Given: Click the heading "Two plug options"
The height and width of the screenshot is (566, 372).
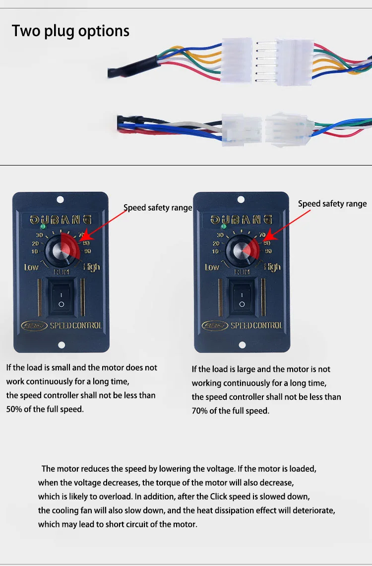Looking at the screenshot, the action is click(70, 31).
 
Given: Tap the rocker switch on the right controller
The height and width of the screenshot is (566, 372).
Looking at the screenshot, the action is click(242, 298).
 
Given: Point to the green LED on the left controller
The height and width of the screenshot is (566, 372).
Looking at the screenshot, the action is click(43, 226).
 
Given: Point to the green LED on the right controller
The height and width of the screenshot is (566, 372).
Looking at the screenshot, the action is click(223, 226).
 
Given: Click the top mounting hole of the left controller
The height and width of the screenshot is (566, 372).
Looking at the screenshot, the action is click(60, 200).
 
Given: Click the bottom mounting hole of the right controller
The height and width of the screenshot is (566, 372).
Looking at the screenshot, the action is click(242, 345).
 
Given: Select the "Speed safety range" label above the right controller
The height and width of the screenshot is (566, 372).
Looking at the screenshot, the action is click(332, 204).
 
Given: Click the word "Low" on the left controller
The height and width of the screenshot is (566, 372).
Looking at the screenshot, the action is click(31, 267).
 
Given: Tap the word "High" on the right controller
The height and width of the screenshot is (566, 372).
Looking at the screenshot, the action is click(272, 267).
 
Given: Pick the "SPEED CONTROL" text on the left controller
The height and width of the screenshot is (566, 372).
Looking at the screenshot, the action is click(76, 326).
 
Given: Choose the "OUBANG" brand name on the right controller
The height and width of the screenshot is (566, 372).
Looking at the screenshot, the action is click(242, 219).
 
